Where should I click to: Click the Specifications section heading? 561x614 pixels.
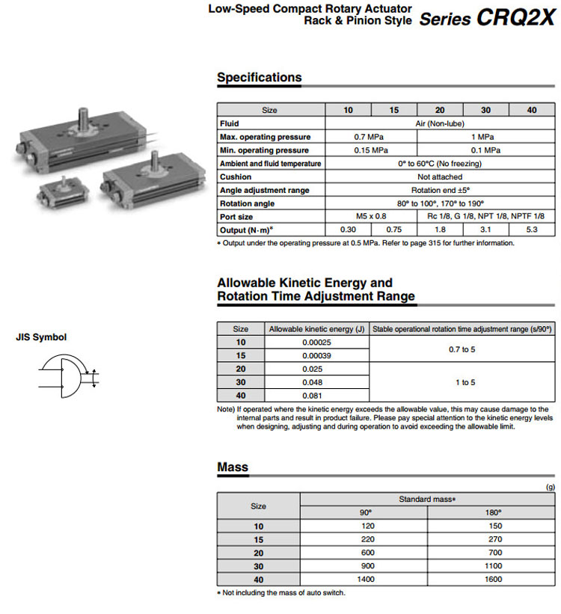click(x=259, y=77)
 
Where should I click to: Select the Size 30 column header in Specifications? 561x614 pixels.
click(x=485, y=110)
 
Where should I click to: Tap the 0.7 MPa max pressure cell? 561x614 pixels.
click(x=370, y=137)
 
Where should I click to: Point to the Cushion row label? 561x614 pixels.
click(x=236, y=177)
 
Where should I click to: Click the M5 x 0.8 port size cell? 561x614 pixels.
click(x=370, y=217)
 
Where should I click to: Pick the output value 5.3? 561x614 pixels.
click(x=531, y=230)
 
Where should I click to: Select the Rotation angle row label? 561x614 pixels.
click(x=247, y=203)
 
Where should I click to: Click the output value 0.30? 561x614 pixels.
click(x=348, y=230)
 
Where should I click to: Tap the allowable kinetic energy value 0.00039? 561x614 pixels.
click(x=316, y=355)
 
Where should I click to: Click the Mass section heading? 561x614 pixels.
click(x=233, y=467)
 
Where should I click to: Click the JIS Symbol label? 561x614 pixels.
click(x=41, y=337)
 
